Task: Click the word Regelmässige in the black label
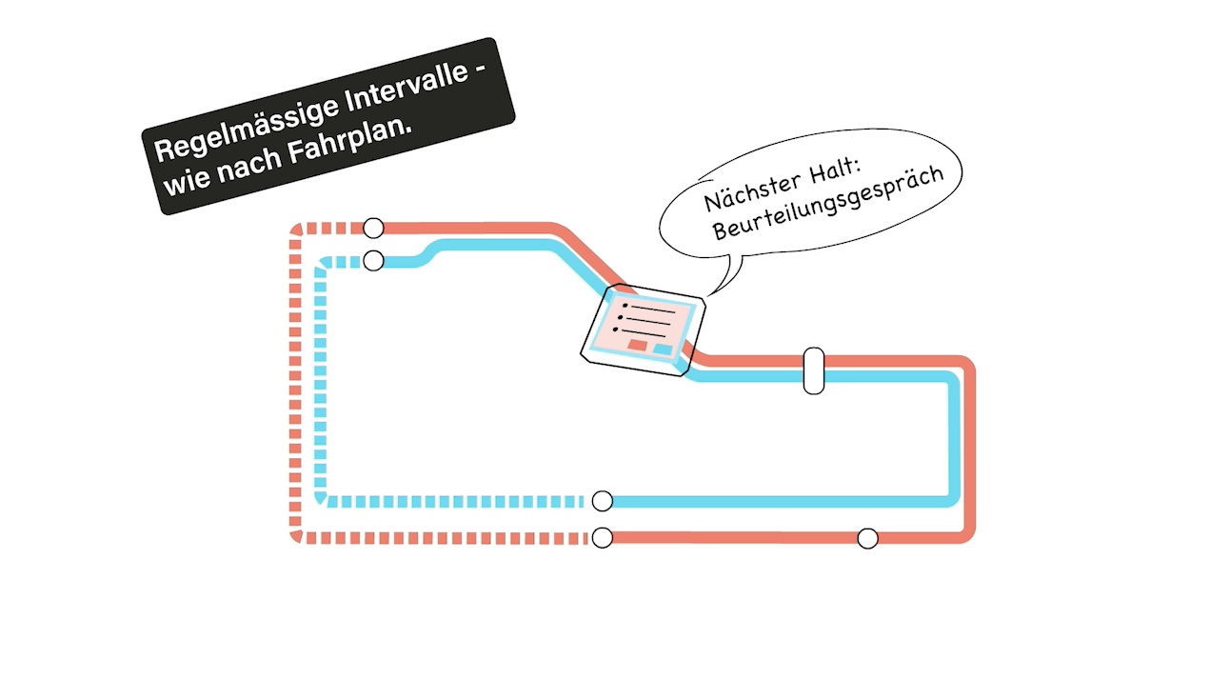click(x=246, y=126)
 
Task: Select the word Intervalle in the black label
click(x=406, y=86)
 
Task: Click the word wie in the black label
click(x=187, y=180)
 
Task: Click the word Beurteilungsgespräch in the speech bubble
click(x=827, y=204)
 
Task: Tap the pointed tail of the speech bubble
click(x=708, y=295)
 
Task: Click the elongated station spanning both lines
click(x=814, y=370)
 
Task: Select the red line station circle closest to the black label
click(x=373, y=228)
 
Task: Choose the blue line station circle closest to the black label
click(x=373, y=261)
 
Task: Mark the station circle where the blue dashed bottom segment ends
click(x=603, y=501)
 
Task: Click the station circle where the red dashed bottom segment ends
click(x=603, y=538)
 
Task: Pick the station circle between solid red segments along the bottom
click(x=867, y=539)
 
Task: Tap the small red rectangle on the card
click(x=638, y=345)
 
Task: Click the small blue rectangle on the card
click(x=663, y=349)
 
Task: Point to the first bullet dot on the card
click(x=625, y=306)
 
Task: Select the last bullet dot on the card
click(x=615, y=329)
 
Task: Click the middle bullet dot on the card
click(x=620, y=318)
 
